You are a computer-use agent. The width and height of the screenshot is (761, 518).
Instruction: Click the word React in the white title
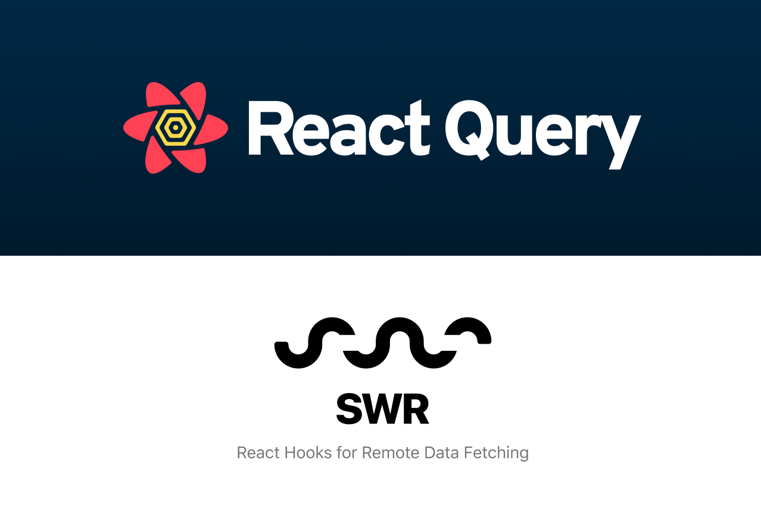click(x=338, y=128)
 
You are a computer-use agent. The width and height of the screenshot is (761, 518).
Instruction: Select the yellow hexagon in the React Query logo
click(x=175, y=127)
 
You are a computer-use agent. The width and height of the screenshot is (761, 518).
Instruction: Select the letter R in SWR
click(x=416, y=409)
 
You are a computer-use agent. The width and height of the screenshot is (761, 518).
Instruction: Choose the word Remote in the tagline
click(x=391, y=453)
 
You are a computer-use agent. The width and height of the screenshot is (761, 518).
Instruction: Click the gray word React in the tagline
click(x=258, y=453)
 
